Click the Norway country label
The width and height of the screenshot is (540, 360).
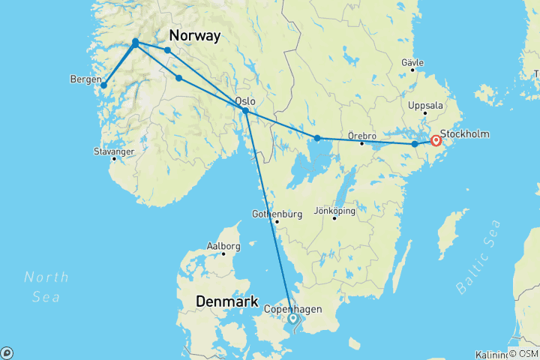click(x=194, y=35)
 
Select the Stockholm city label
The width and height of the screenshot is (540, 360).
click(x=464, y=134)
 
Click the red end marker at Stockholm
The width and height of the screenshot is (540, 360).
click(x=436, y=139)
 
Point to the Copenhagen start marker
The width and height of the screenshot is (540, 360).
click(x=293, y=319)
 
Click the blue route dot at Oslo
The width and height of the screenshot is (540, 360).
click(x=245, y=111)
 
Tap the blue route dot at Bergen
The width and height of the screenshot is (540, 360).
click(x=103, y=85)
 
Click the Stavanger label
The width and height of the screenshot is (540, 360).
click(x=112, y=151)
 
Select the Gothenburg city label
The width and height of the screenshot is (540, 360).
click(x=277, y=214)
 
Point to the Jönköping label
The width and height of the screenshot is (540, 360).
click(x=334, y=210)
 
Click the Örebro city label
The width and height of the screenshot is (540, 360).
click(x=361, y=136)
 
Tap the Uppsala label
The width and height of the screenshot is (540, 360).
click(x=425, y=106)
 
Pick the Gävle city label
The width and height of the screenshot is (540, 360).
click(x=412, y=62)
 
